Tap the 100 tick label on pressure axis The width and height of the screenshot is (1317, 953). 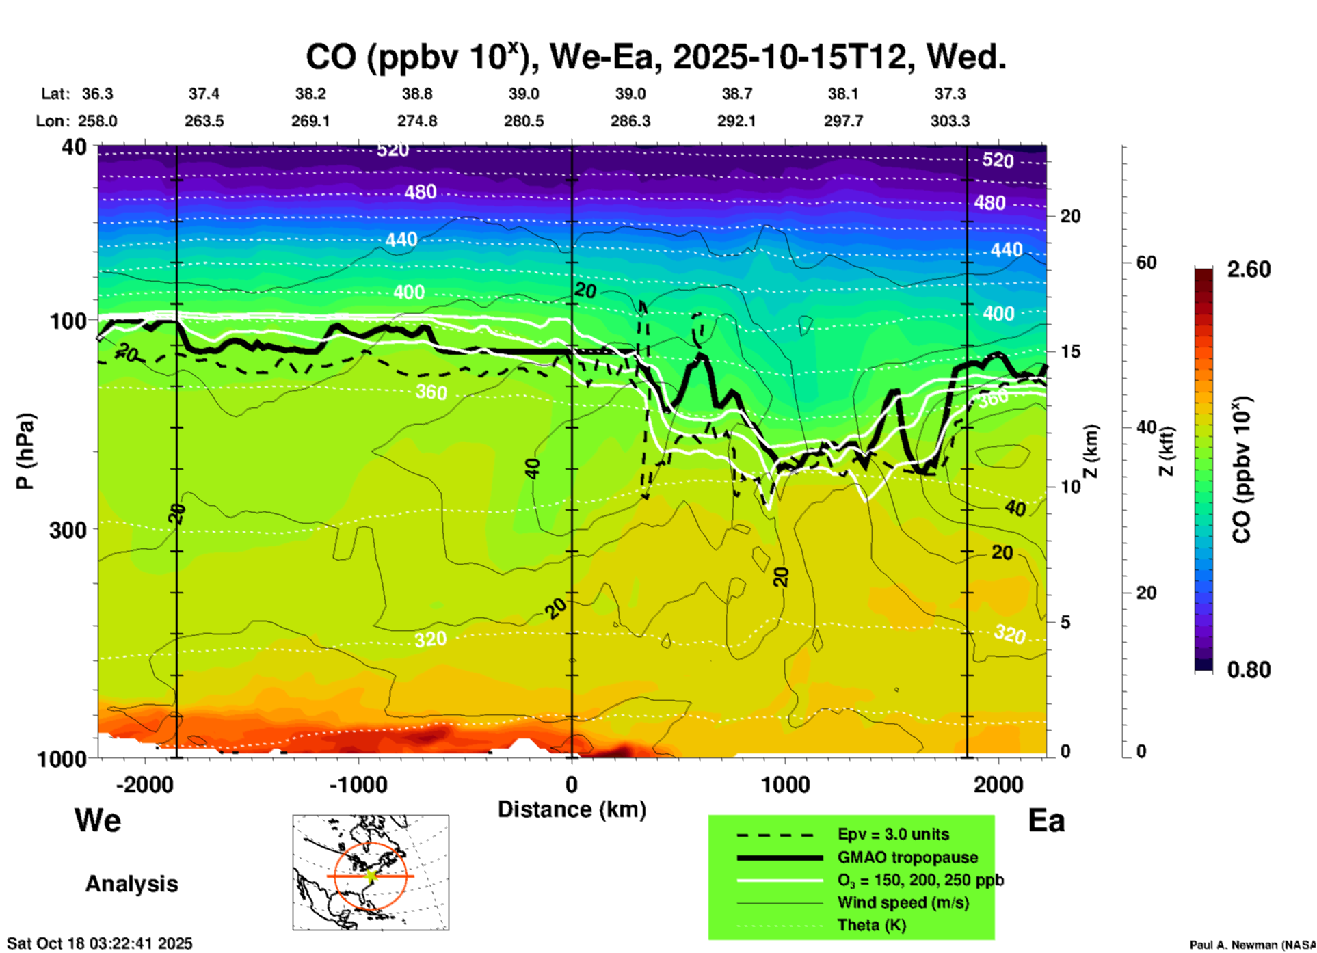(68, 320)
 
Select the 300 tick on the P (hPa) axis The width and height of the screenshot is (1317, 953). (68, 530)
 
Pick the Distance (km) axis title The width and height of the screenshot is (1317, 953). (572, 809)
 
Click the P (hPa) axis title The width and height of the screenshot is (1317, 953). (25, 451)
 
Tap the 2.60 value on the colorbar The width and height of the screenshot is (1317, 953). (1249, 269)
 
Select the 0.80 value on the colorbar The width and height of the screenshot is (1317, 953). (1249, 669)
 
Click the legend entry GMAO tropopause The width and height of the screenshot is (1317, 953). (907, 857)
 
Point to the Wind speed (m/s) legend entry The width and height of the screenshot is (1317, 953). (903, 902)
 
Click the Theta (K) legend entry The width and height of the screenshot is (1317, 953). (871, 925)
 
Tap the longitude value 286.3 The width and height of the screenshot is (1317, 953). (630, 121)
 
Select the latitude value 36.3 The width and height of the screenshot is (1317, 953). (97, 94)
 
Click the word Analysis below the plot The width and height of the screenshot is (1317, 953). (131, 883)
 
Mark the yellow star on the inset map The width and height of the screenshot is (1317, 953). (371, 875)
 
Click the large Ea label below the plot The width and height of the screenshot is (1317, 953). (1046, 820)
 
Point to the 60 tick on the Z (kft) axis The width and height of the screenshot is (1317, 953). (1146, 263)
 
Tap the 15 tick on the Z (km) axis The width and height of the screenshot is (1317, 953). (1070, 351)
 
